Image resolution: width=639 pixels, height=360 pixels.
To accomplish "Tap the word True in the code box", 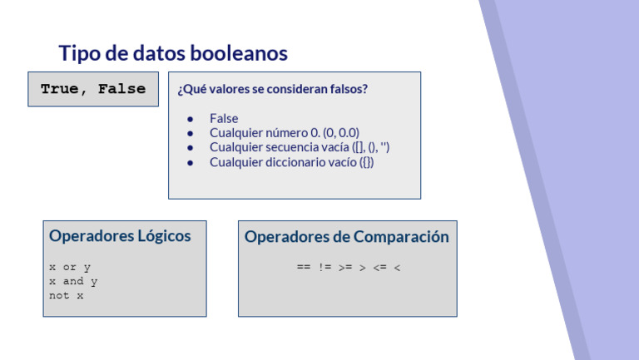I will click(59, 89).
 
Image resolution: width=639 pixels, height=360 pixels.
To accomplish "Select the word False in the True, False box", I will click(121, 89).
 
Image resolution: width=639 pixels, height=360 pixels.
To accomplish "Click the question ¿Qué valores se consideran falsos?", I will click(272, 90).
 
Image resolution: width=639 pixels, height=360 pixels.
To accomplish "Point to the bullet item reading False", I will click(224, 119).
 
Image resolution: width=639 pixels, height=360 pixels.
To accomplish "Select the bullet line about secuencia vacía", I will click(300, 147).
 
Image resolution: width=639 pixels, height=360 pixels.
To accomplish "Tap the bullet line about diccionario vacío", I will click(291, 162).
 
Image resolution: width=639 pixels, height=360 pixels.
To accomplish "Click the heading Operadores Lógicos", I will click(120, 236).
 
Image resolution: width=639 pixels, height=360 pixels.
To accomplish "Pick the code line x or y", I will click(70, 268).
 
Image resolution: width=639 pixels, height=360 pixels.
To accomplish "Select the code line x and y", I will click(73, 281).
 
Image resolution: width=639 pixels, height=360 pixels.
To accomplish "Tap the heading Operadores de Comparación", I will click(346, 237).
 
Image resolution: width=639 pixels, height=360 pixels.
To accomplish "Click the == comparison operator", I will click(303, 268).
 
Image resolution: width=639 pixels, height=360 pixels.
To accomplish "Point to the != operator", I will click(324, 268).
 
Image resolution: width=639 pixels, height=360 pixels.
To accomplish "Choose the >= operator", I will click(344, 268).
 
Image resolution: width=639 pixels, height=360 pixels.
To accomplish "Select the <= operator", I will click(379, 268).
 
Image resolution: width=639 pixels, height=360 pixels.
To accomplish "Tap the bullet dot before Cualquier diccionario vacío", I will click(191, 162).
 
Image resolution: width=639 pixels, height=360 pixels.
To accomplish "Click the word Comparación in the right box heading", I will click(401, 237).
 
